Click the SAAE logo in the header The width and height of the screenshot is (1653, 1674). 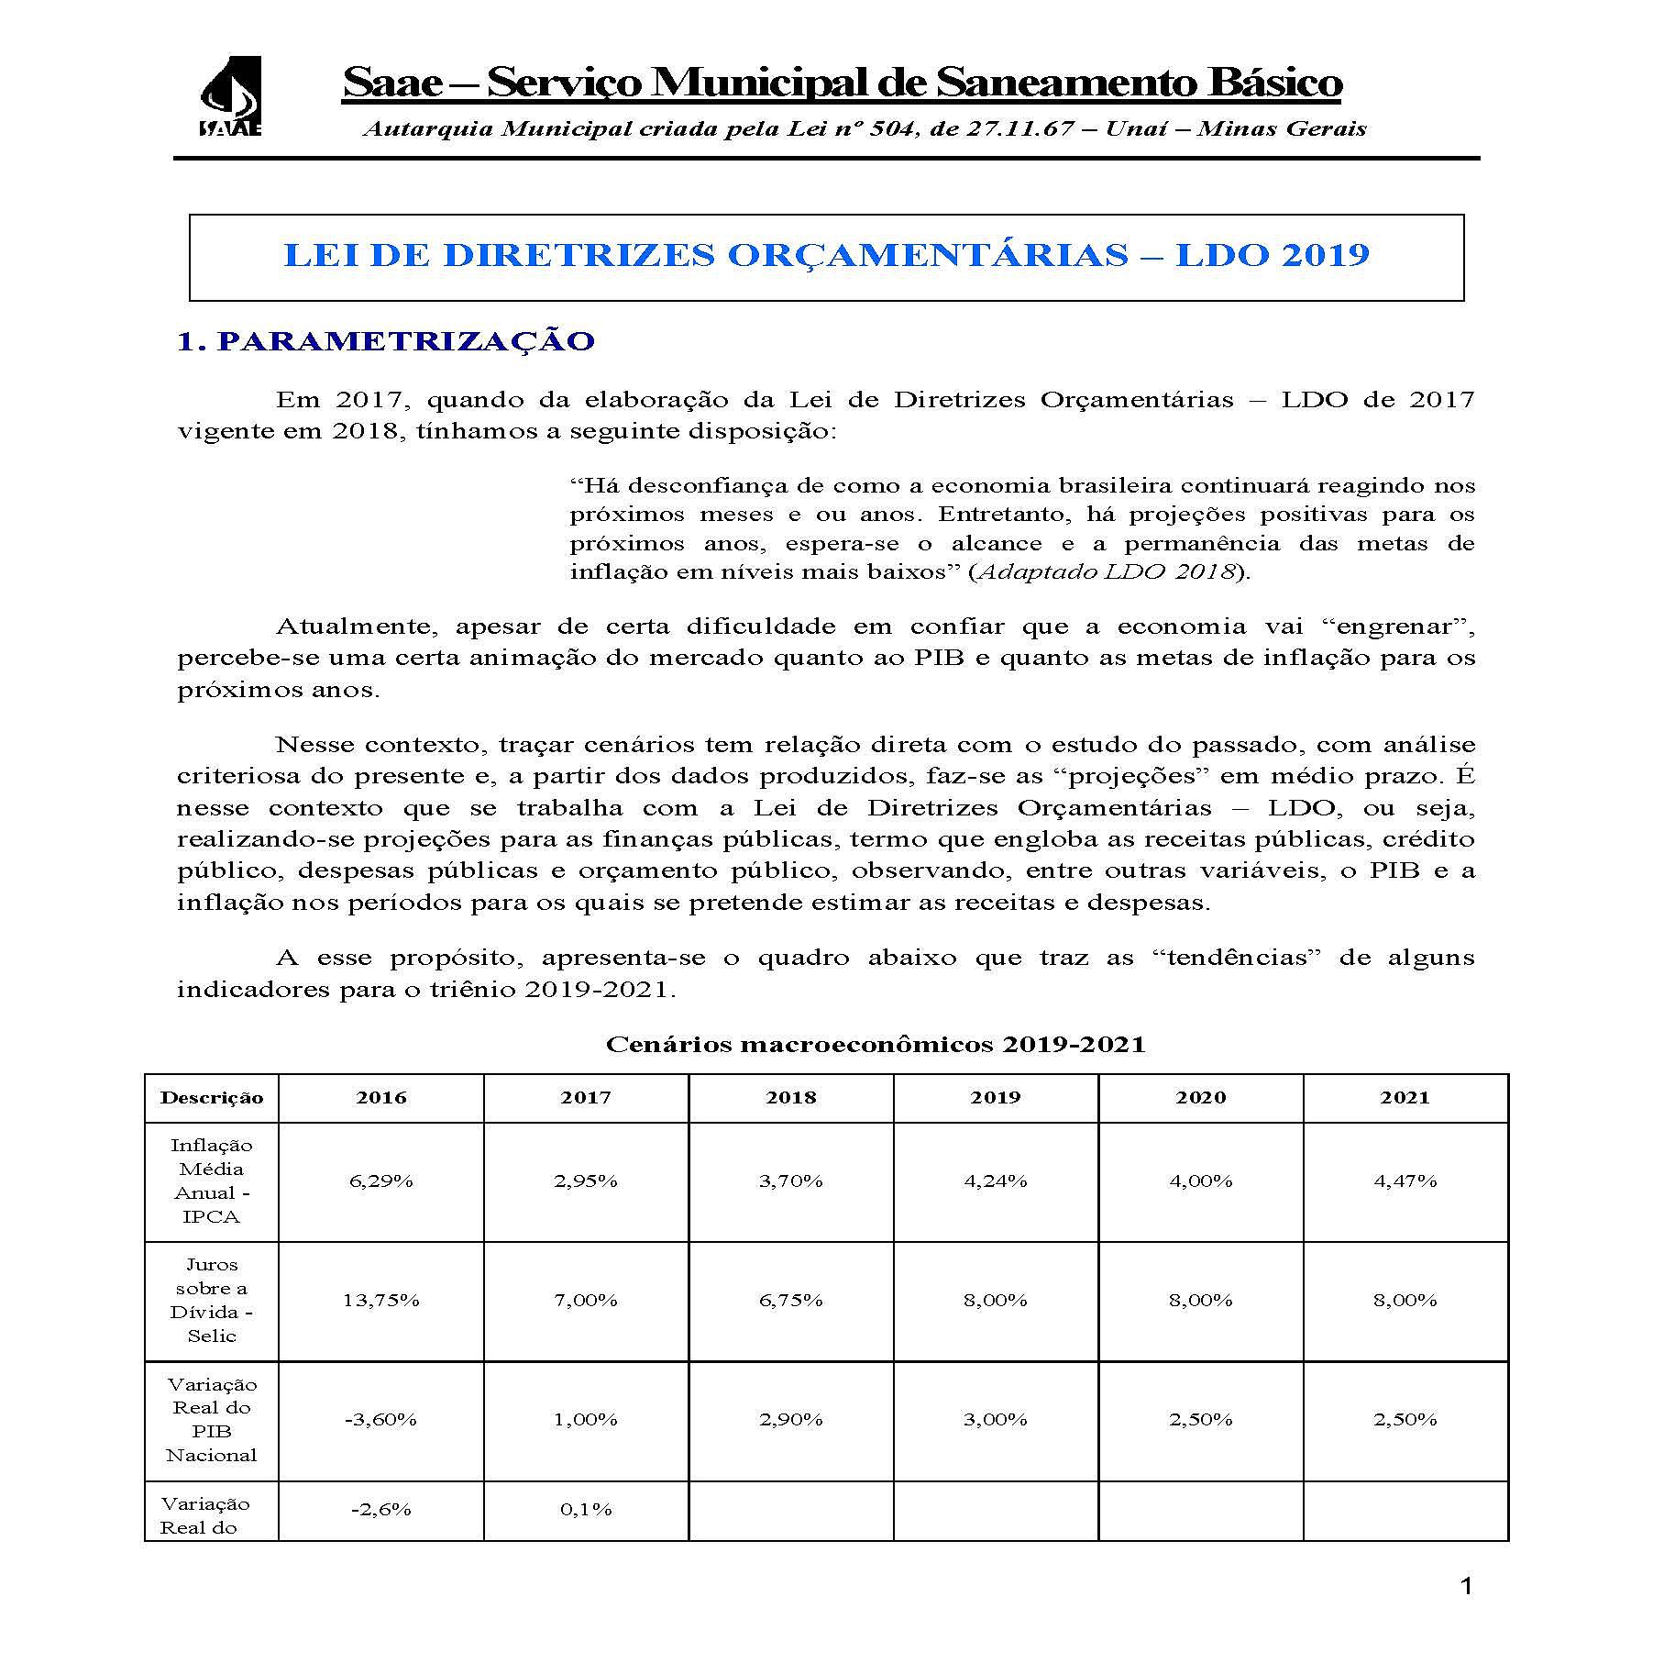(x=230, y=96)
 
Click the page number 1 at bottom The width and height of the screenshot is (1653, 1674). (x=1465, y=1587)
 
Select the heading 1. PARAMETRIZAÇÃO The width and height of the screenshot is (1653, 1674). (x=386, y=341)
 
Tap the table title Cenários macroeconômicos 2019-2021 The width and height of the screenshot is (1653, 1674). (x=876, y=1044)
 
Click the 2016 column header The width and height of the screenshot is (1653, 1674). (x=380, y=1097)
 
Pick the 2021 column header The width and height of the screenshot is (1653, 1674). (x=1405, y=1097)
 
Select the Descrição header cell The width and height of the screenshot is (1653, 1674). (x=212, y=1098)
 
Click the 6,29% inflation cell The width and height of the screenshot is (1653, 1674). (x=380, y=1181)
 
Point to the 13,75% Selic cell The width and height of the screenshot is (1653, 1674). (x=380, y=1300)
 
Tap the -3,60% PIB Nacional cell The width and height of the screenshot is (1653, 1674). (x=380, y=1419)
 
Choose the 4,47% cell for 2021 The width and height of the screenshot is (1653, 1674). (x=1405, y=1181)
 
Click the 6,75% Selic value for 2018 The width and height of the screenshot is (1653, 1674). (x=790, y=1300)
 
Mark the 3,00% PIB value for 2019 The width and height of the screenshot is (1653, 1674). (x=995, y=1419)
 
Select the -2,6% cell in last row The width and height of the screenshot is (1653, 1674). (x=380, y=1509)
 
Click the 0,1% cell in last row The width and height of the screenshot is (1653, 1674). (x=586, y=1509)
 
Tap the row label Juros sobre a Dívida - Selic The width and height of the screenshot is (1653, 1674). (x=212, y=1300)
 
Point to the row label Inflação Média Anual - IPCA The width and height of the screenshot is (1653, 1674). (x=212, y=1181)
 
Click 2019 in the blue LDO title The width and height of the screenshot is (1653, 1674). (x=1324, y=255)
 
